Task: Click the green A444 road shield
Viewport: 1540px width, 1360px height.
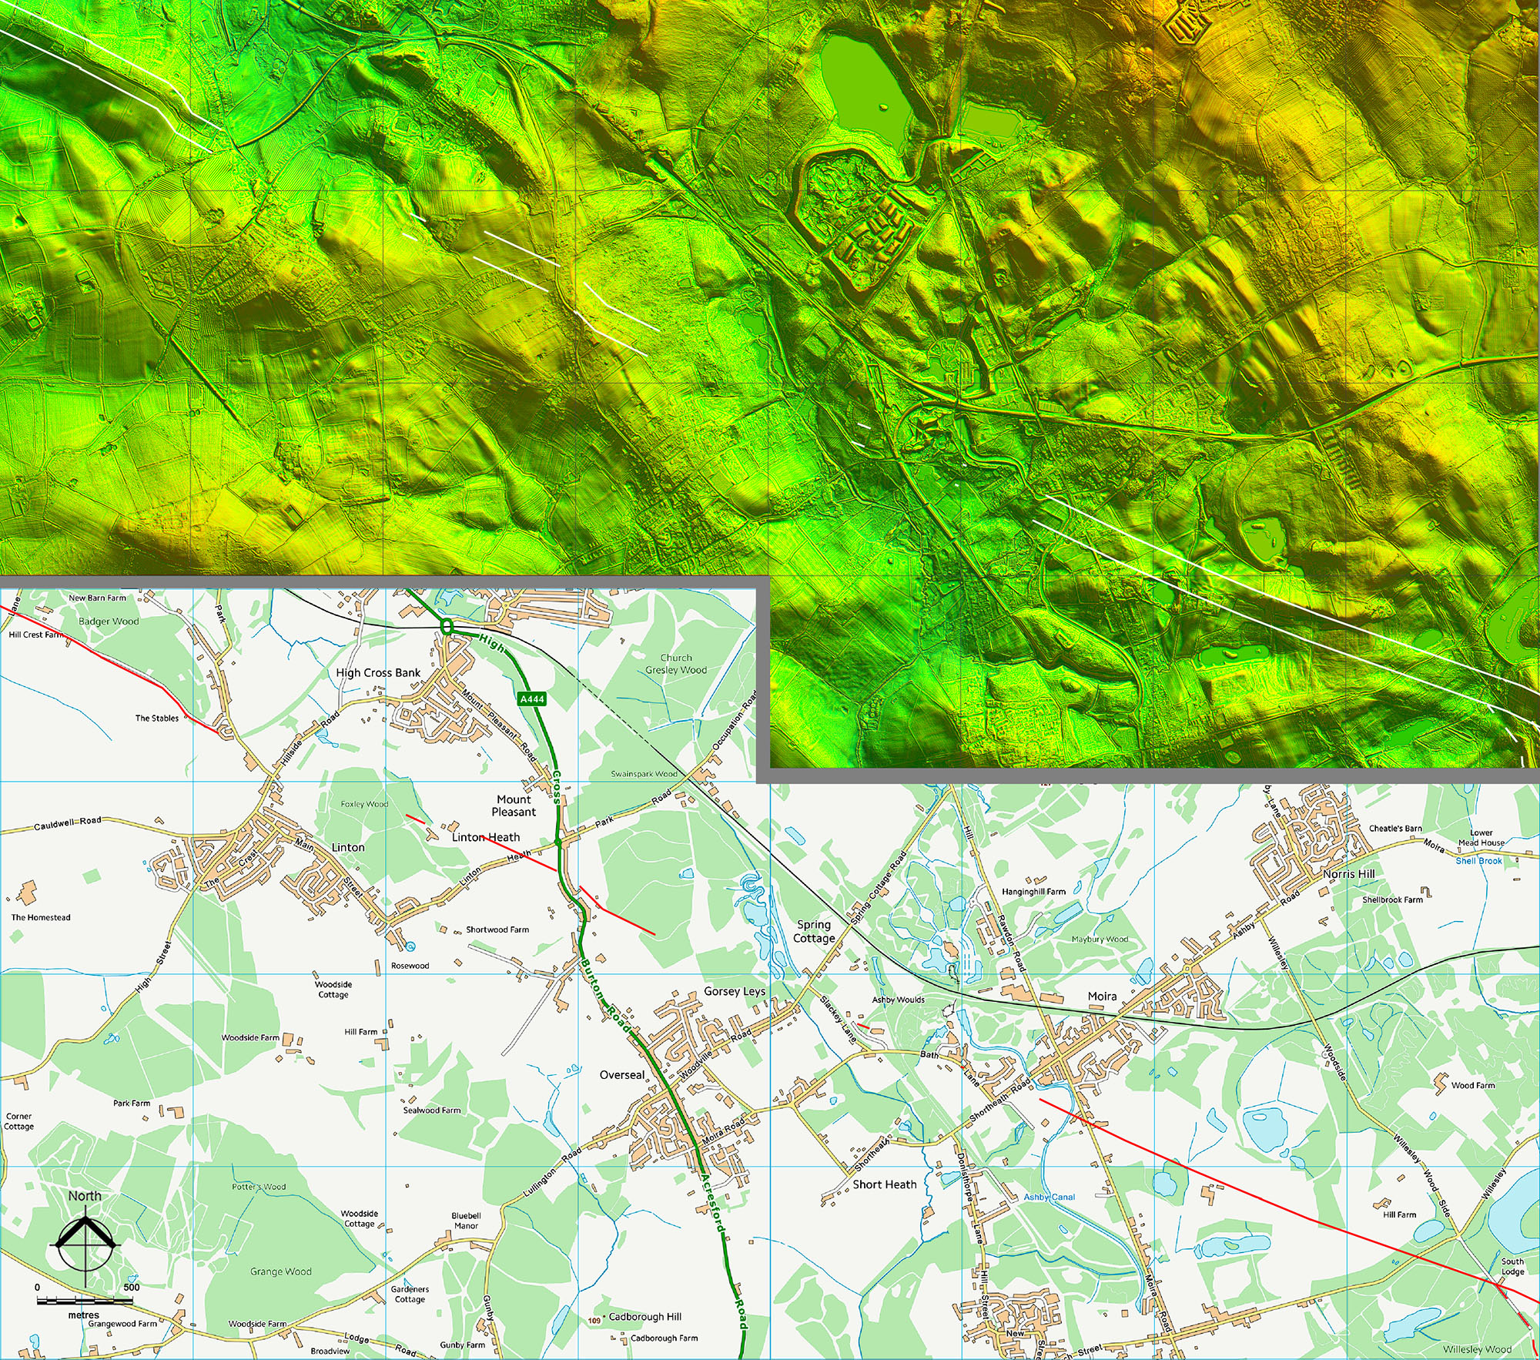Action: pyautogui.click(x=532, y=699)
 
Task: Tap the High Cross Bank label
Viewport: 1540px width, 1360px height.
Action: pyautogui.click(x=378, y=672)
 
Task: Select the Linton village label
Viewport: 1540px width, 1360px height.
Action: pyautogui.click(x=348, y=847)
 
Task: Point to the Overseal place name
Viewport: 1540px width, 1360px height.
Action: pyautogui.click(x=622, y=1075)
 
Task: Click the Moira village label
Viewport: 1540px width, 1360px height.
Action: pyautogui.click(x=1102, y=996)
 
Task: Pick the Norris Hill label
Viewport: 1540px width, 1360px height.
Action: pyautogui.click(x=1348, y=874)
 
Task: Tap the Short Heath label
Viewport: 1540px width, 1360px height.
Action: pyautogui.click(x=885, y=1184)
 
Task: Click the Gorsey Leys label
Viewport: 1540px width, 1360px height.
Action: pyautogui.click(x=735, y=991)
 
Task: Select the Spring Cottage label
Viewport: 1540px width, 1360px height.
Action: pyautogui.click(x=814, y=931)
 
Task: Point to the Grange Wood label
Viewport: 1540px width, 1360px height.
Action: pyautogui.click(x=281, y=1271)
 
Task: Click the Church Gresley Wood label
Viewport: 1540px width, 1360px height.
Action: pyautogui.click(x=676, y=664)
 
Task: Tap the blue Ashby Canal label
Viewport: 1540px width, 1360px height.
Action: pyautogui.click(x=1050, y=1197)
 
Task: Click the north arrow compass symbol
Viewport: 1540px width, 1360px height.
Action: pyautogui.click(x=85, y=1241)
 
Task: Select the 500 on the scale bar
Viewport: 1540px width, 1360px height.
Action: pyautogui.click(x=132, y=1287)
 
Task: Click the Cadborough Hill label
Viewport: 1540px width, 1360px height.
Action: pyautogui.click(x=644, y=1316)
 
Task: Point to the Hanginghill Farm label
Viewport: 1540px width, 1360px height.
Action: pyautogui.click(x=1033, y=891)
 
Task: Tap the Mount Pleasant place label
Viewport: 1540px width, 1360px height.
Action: pyautogui.click(x=514, y=806)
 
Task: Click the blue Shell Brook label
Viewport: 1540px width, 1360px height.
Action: pyautogui.click(x=1478, y=861)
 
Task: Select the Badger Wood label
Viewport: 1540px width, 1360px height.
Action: pyautogui.click(x=109, y=621)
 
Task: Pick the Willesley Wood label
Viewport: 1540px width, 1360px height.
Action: pyautogui.click(x=1477, y=1349)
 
